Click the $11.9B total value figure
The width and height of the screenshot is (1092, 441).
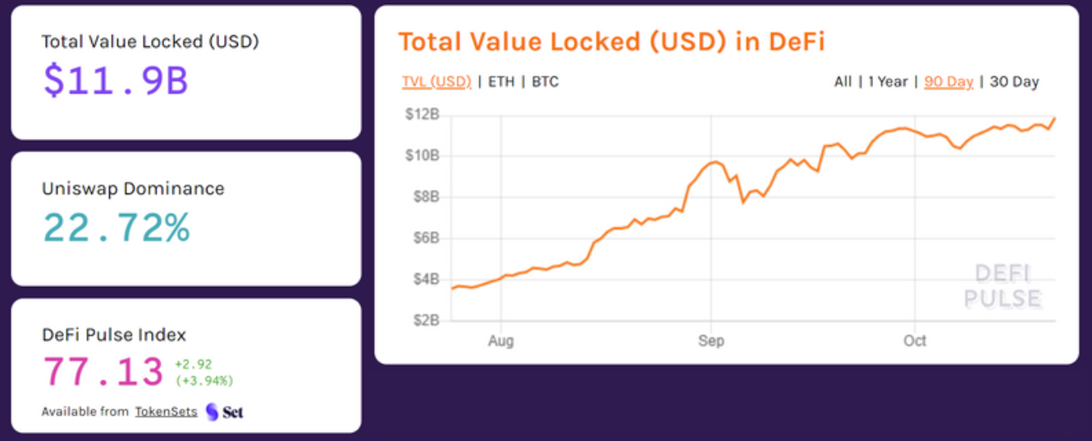pyautogui.click(x=116, y=80)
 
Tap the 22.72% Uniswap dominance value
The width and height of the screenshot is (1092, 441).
pyautogui.click(x=116, y=227)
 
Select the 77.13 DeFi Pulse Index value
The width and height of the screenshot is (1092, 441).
pyautogui.click(x=103, y=372)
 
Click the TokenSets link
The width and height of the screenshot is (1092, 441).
pyautogui.click(x=167, y=411)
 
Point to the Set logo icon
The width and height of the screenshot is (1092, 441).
pyautogui.click(x=212, y=411)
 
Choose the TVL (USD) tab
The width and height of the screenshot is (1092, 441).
pyautogui.click(x=436, y=82)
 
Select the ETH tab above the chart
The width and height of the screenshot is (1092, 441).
pyautogui.click(x=501, y=82)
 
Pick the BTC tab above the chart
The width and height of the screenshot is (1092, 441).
pyautogui.click(x=546, y=82)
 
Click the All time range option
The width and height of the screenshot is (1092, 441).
pyautogui.click(x=843, y=82)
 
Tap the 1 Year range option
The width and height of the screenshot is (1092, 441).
pyautogui.click(x=888, y=82)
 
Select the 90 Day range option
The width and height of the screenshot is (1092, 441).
pyautogui.click(x=948, y=82)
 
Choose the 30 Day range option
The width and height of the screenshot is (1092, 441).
pyautogui.click(x=1015, y=82)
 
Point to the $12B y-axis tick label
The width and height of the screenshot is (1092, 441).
pyautogui.click(x=423, y=115)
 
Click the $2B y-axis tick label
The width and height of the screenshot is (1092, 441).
pyautogui.click(x=424, y=320)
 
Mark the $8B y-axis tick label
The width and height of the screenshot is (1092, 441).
pyautogui.click(x=424, y=197)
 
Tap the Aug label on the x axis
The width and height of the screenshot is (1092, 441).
pyautogui.click(x=500, y=341)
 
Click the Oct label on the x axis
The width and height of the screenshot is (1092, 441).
pyautogui.click(x=915, y=341)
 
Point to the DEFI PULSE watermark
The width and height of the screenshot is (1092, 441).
pyautogui.click(x=1002, y=286)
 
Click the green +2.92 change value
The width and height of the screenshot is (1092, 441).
pyautogui.click(x=194, y=365)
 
